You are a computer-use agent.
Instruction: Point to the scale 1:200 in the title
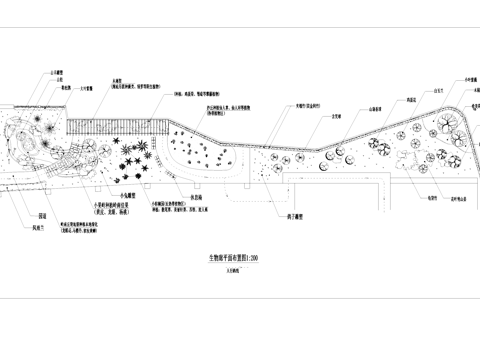tap(252, 257)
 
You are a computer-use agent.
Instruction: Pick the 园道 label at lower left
tap(42, 214)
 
